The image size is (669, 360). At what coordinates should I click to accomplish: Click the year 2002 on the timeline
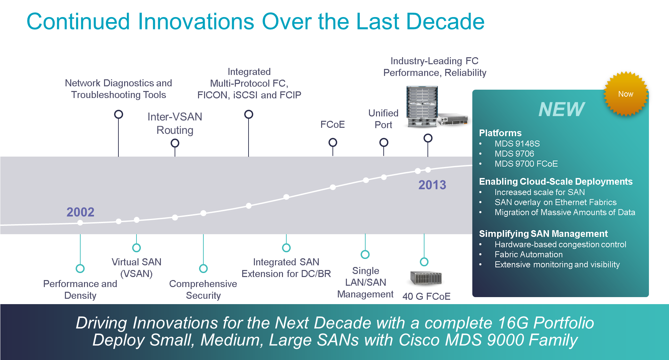[80, 212]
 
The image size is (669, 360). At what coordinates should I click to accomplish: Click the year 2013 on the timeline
[432, 185]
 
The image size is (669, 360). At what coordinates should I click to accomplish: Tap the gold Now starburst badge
[626, 94]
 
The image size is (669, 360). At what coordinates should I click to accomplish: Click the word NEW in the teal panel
[561, 109]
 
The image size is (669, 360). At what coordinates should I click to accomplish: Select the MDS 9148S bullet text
[517, 144]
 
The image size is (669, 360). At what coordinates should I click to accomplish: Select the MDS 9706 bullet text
[514, 154]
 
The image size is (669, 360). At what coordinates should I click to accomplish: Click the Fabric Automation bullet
[529, 255]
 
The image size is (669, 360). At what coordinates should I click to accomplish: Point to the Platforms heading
[500, 133]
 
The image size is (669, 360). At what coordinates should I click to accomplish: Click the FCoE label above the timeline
[332, 125]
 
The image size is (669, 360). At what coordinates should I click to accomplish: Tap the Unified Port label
[383, 119]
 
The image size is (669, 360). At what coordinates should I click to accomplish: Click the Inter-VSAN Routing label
[175, 123]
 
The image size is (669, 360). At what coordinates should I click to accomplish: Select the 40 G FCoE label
[426, 296]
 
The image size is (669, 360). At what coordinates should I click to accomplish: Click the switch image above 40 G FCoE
[426, 278]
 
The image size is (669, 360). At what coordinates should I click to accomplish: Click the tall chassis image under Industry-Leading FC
[422, 106]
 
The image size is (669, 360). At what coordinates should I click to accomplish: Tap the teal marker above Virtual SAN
[136, 248]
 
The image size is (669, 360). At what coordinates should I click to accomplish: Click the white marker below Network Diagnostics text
[118, 114]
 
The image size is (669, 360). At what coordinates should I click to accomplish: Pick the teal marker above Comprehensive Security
[203, 268]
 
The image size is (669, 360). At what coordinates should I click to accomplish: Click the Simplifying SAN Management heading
[543, 234]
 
